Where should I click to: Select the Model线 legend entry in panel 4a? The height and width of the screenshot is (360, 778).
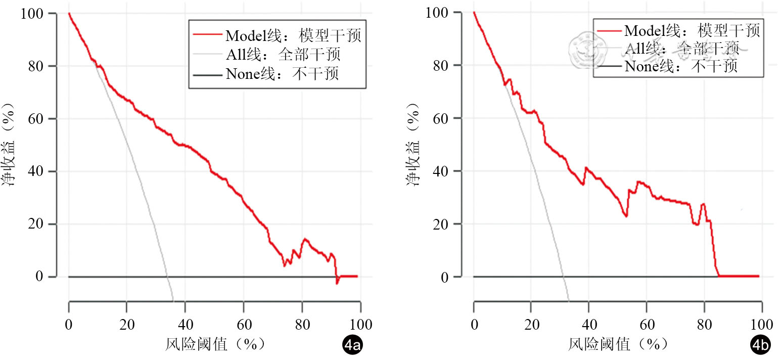click(277, 35)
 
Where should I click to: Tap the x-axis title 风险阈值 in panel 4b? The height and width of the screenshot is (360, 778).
click(618, 344)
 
